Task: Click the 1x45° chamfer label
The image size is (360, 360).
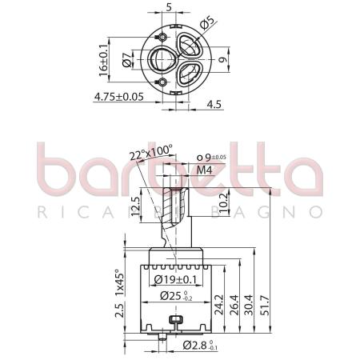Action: point(118,282)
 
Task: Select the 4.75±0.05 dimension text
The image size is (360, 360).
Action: point(118,96)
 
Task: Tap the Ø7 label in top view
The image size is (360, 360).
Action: point(126,59)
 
